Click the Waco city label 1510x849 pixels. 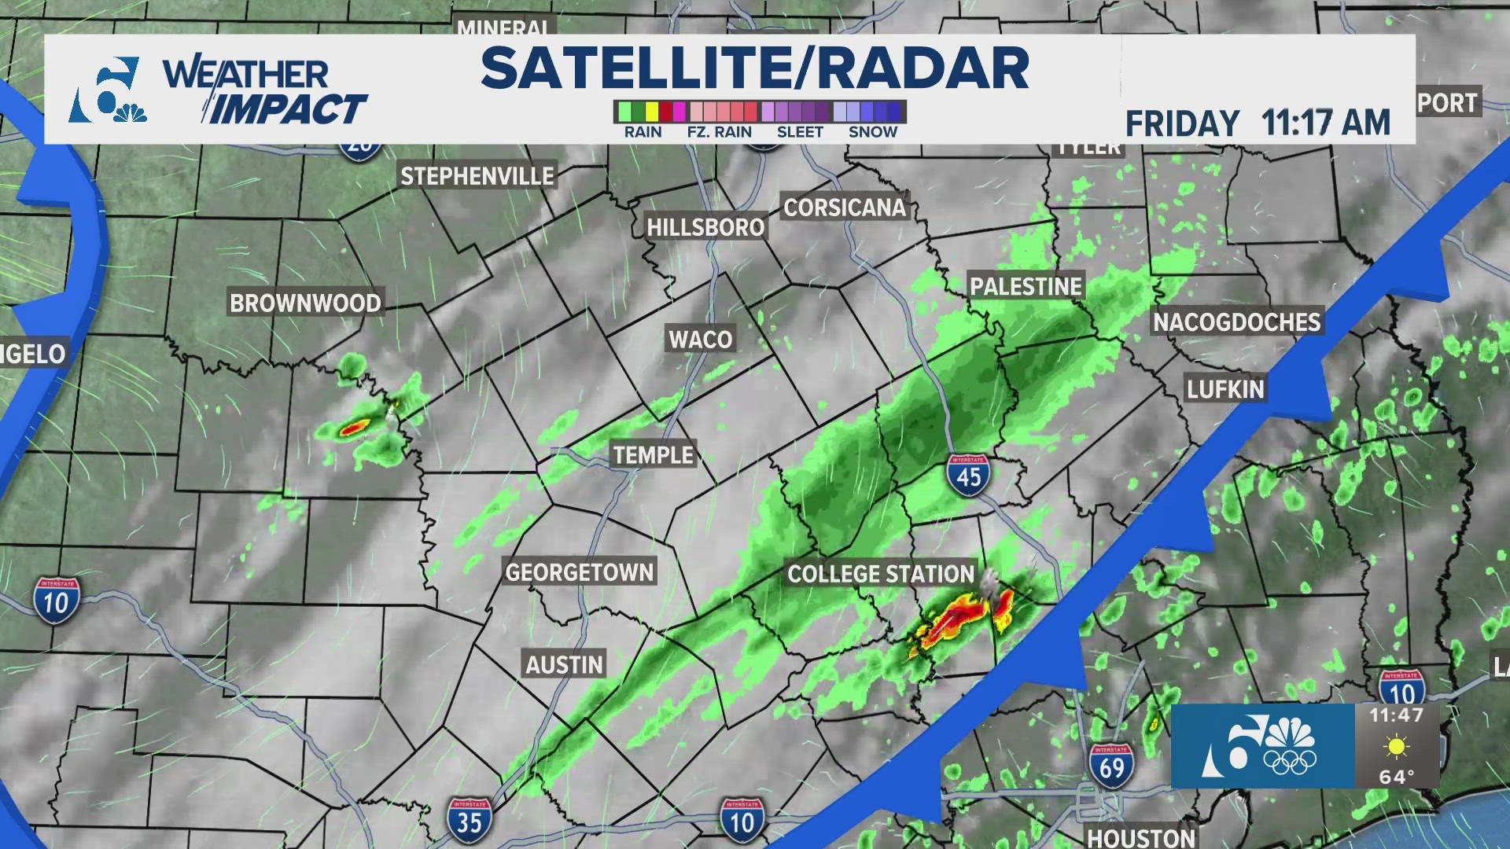pos(700,340)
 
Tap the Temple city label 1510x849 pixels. pos(653,455)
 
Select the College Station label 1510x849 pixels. pos(881,574)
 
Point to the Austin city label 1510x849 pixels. pos(565,665)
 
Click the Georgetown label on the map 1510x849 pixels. pos(580,572)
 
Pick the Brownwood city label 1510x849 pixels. pos(305,303)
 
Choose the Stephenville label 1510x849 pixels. pos(477,176)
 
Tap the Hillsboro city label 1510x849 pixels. pos(705,227)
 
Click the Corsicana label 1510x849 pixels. pos(845,208)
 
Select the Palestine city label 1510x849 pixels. pos(1026,286)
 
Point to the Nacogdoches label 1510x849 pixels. pos(1236,322)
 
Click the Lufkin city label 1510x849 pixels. pos(1225,389)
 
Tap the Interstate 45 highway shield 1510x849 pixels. pos(968,474)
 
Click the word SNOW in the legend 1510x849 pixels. pos(872,132)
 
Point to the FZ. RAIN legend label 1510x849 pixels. pos(719,132)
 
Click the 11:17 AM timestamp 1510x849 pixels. pos(1326,123)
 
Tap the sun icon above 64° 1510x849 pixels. pos(1396,746)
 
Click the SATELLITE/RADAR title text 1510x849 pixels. pos(755,68)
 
